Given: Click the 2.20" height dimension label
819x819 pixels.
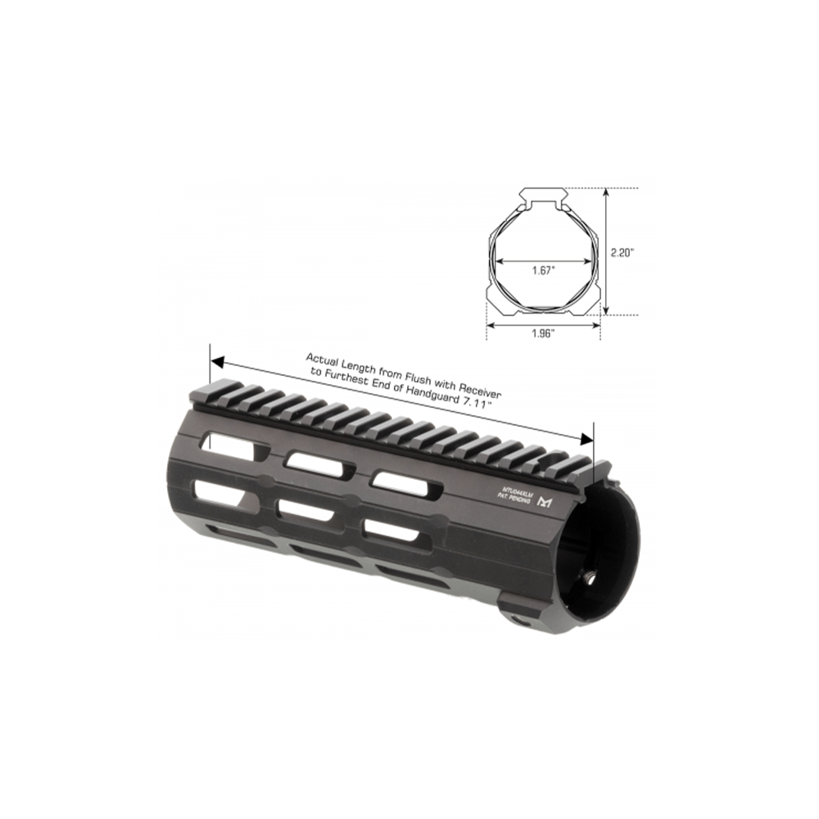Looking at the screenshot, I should pyautogui.click(x=622, y=253).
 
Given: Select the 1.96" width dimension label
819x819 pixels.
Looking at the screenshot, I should pyautogui.click(x=543, y=333).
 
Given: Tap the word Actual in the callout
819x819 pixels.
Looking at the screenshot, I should pyautogui.click(x=322, y=359).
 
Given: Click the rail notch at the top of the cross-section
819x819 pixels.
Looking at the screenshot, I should pyautogui.click(x=543, y=197).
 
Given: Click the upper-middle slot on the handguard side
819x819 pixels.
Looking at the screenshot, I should pyautogui.click(x=319, y=463).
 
